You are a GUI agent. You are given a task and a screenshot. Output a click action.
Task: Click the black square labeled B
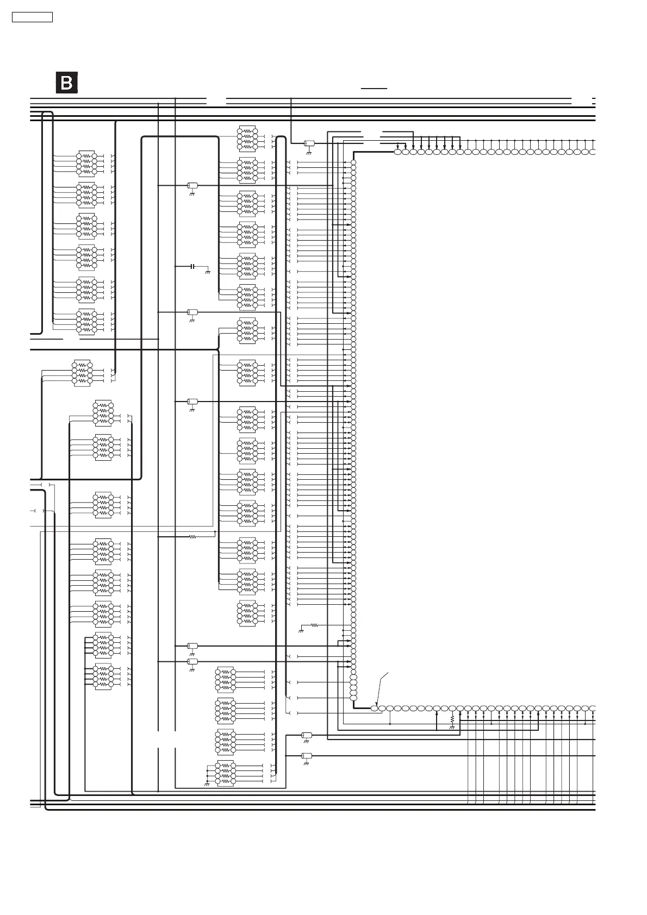click(x=67, y=83)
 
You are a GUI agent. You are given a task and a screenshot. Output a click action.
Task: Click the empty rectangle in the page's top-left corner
click(x=33, y=17)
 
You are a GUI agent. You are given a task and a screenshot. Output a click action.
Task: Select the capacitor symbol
click(x=192, y=267)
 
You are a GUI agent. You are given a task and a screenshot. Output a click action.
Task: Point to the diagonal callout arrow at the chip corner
click(x=383, y=688)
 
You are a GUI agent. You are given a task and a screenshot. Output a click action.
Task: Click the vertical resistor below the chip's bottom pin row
click(x=452, y=719)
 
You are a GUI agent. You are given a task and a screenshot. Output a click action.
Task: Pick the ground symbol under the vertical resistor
click(x=452, y=727)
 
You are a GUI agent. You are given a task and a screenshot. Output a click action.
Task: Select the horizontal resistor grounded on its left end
click(x=314, y=625)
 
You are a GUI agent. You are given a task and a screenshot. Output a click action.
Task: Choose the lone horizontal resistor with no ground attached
click(x=192, y=537)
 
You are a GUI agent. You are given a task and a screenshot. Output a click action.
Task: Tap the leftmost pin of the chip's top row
click(x=397, y=152)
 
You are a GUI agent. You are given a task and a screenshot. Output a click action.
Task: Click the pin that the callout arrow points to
click(x=374, y=708)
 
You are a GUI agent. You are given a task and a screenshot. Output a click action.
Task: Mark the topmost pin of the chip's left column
click(x=353, y=162)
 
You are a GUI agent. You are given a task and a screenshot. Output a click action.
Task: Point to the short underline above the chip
click(x=374, y=87)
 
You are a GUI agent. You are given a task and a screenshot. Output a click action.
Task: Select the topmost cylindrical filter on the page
click(x=308, y=143)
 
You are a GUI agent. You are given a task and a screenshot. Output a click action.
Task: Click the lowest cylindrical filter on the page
click(x=307, y=756)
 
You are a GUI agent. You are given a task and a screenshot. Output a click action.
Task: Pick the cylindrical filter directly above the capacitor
click(x=192, y=186)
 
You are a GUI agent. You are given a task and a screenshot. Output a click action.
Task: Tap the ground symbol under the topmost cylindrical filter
click(x=308, y=152)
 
